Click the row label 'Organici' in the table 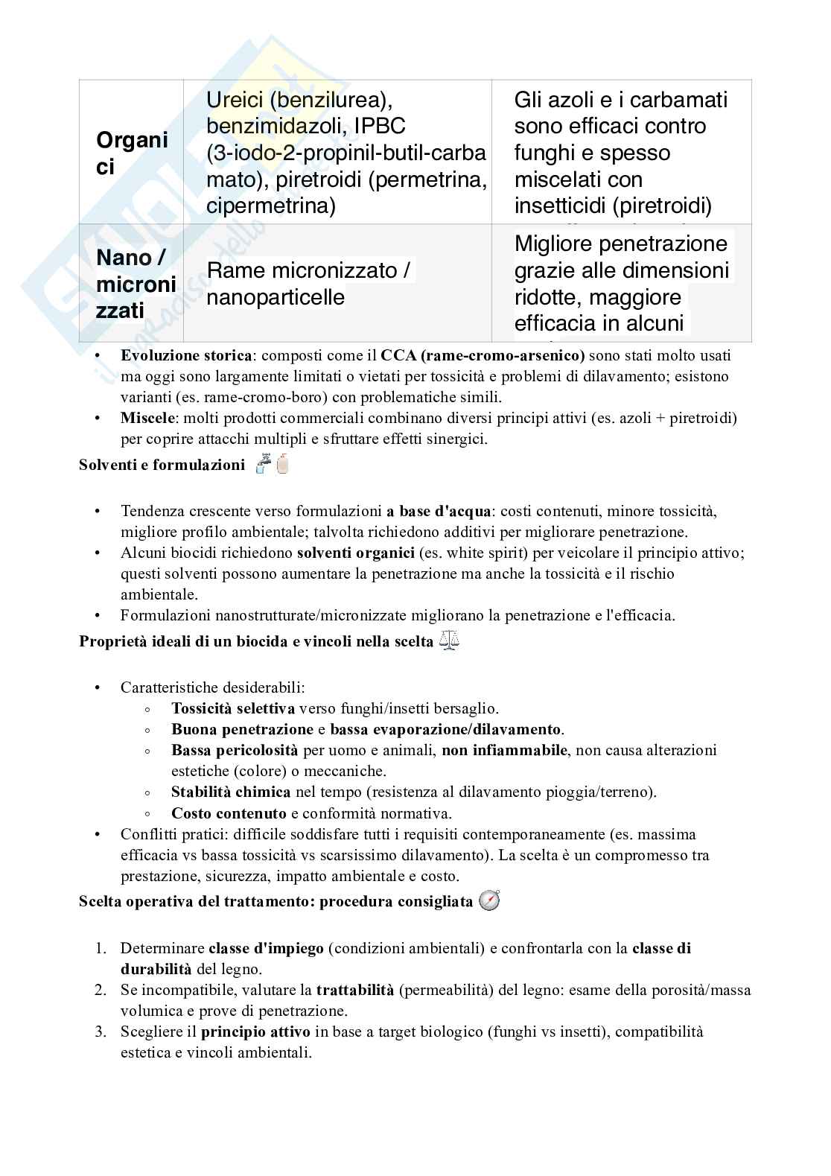132,153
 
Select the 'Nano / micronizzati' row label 136,284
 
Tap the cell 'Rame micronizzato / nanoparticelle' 308,284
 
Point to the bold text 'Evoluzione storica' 187,355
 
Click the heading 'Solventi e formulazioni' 162,465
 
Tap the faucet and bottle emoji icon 272,464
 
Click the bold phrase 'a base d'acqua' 439,512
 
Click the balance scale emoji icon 450,641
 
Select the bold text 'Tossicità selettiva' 233,709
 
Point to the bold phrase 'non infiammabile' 504,751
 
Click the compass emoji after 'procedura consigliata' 489,901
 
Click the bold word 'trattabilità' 354,991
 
